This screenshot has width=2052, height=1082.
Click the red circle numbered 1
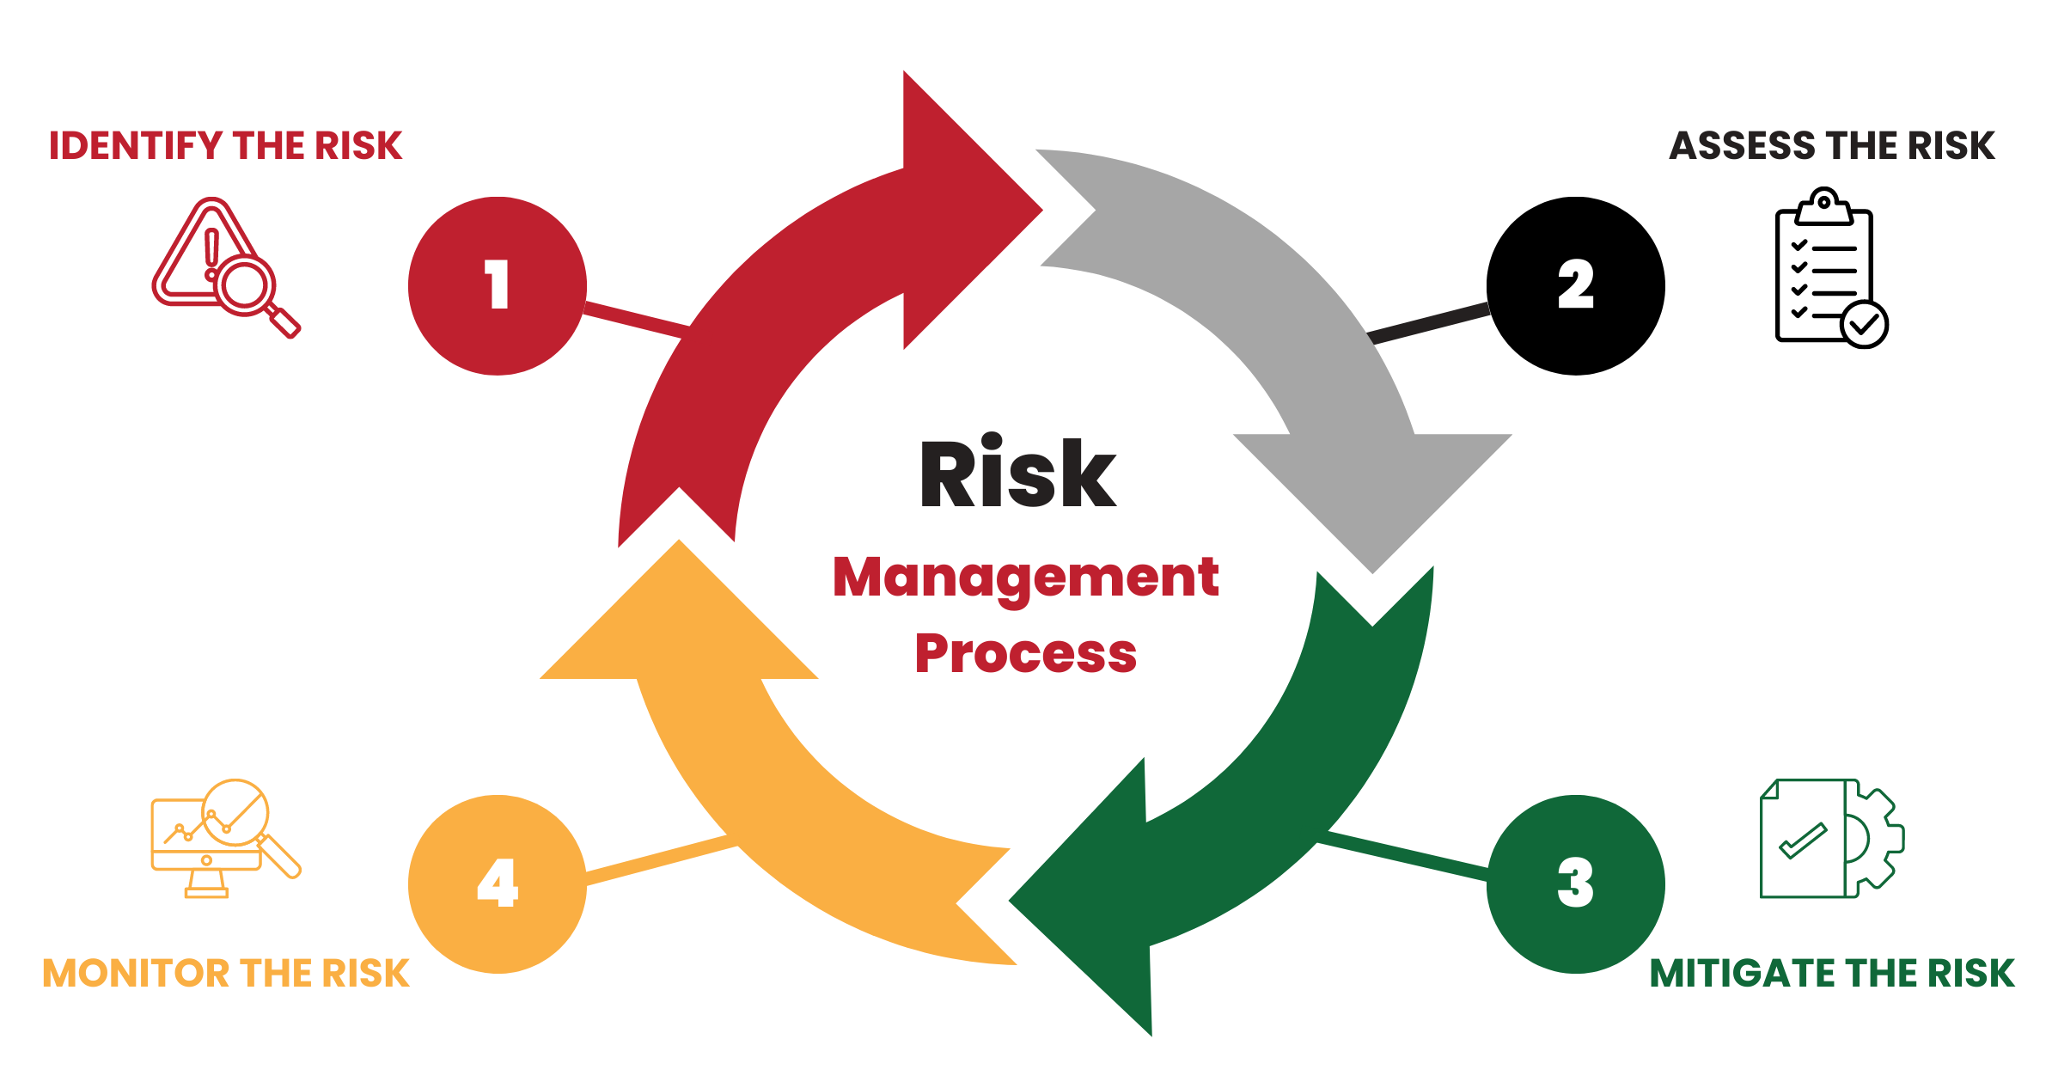(497, 285)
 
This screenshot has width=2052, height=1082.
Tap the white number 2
(1575, 284)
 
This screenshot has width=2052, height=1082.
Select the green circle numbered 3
(1575, 883)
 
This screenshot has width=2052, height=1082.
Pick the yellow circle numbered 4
(497, 883)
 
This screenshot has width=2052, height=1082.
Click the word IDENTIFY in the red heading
(136, 146)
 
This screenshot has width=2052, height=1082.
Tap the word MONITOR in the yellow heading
(134, 974)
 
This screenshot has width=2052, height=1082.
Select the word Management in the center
(1025, 577)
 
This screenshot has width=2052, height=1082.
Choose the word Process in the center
(1025, 653)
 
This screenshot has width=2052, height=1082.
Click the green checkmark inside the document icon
(1802, 841)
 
